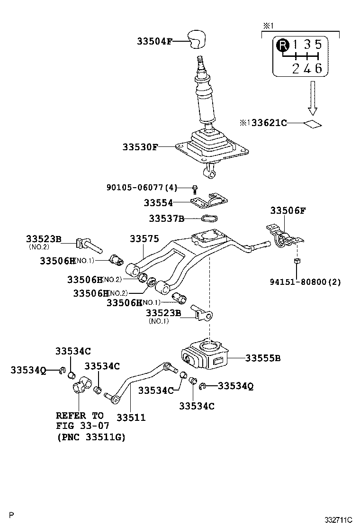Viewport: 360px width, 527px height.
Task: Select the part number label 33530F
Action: pyautogui.click(x=140, y=147)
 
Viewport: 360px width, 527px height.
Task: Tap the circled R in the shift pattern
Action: pyautogui.click(x=282, y=45)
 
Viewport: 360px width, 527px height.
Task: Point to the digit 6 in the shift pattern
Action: pyautogui.click(x=318, y=68)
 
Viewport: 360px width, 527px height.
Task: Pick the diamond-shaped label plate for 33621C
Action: pyautogui.click(x=312, y=124)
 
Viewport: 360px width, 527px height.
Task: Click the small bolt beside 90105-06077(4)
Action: pyautogui.click(x=195, y=189)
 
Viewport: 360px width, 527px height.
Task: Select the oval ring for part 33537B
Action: pyautogui.click(x=209, y=218)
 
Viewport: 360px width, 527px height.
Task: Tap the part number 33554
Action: pyautogui.click(x=158, y=203)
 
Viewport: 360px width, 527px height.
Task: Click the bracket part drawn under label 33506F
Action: pyautogui.click(x=283, y=238)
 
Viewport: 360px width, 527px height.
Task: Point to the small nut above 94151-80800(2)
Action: pyautogui.click(x=297, y=261)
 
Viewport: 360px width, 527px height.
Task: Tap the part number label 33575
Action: pyautogui.click(x=144, y=239)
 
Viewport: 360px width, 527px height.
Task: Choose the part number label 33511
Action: pyautogui.click(x=131, y=418)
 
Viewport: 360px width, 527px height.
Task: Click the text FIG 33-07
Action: pyautogui.click(x=82, y=427)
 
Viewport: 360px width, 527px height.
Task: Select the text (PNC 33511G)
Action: pyautogui.click(x=90, y=437)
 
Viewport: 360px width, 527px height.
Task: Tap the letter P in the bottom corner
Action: pyautogui.click(x=12, y=515)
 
